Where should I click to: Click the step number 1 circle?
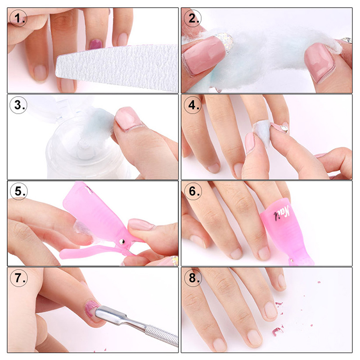18,18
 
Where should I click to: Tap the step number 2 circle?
193,18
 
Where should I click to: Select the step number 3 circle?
18,105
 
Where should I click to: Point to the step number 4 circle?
193,105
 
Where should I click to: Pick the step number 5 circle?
18,191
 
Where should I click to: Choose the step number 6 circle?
193,191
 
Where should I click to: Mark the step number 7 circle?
18,278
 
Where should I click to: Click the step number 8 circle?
193,278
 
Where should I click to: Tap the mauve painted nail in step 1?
96,44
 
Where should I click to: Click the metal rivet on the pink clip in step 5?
121,241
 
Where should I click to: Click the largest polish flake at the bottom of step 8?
277,331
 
